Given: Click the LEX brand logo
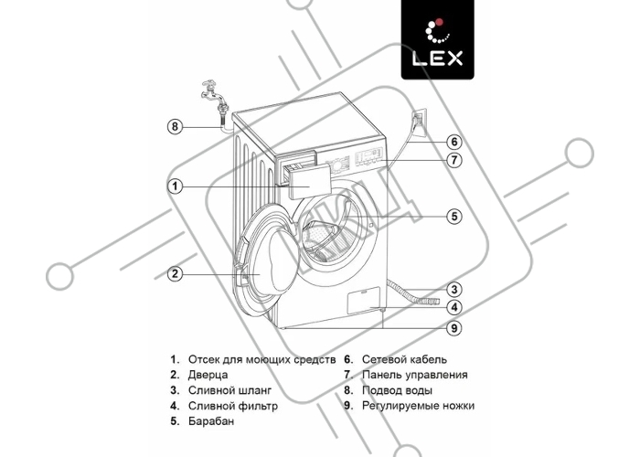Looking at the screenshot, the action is [438, 39].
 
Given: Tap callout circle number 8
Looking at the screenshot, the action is [176, 126].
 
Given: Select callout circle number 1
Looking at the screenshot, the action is [176, 186].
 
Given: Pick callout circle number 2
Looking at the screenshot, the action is [176, 273].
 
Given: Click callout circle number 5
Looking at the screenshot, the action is [454, 217].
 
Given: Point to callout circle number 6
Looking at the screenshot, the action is [454, 142].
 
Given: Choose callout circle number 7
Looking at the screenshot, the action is [454, 160].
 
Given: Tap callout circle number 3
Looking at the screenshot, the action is [454, 290].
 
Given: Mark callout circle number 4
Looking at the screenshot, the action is [454, 307].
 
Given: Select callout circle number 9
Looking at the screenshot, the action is [454, 327].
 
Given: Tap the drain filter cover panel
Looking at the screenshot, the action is [363, 301].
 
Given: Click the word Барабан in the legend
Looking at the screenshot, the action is [211, 421].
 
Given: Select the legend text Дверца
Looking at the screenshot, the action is [208, 375].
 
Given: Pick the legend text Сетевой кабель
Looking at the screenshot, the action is [404, 359].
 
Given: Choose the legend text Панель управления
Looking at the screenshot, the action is [415, 375].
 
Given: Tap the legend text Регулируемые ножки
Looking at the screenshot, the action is [418, 406].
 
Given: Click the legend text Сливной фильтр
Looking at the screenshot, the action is [232, 406].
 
